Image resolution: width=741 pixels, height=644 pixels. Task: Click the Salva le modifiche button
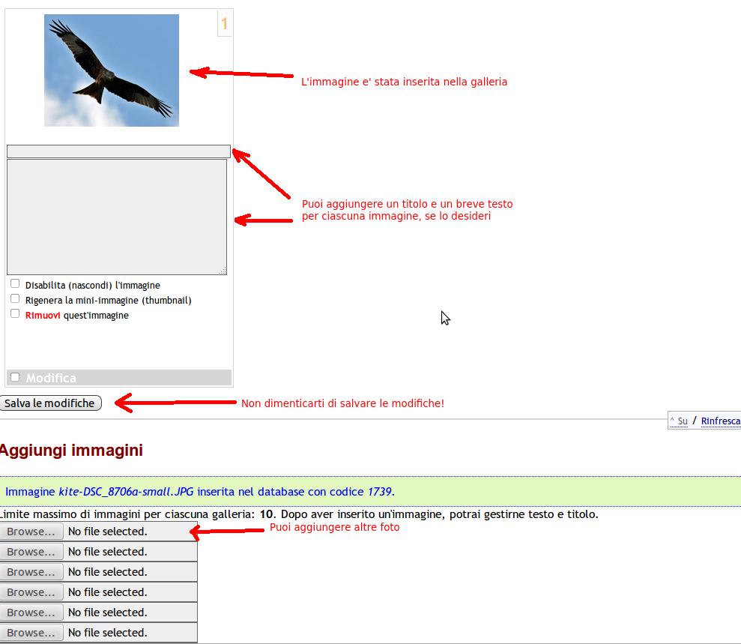pos(50,403)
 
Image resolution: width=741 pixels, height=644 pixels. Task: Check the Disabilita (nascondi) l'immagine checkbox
pos(15,283)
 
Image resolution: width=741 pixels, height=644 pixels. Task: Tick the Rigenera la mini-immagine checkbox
pos(15,299)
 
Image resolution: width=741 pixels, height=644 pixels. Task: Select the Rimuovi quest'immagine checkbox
pos(15,313)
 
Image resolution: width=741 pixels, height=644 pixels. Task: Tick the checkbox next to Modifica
pos(15,377)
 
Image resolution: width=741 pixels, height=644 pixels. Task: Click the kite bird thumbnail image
pos(112,70)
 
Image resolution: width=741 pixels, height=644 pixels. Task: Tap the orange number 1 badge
pos(225,23)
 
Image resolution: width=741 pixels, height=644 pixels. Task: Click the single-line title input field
pos(118,151)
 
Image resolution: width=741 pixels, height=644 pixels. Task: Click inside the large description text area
pos(117,217)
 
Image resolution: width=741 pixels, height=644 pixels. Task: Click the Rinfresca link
pos(721,421)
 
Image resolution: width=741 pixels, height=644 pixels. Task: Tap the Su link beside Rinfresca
pos(683,421)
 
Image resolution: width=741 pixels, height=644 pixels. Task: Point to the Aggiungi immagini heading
pos(71,450)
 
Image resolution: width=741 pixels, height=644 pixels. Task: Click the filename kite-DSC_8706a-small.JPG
pos(126,492)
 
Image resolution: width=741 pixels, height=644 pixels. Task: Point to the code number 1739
pos(379,492)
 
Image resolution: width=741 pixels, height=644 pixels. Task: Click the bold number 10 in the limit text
pos(267,514)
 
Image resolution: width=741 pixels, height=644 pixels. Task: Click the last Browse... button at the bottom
pos(31,633)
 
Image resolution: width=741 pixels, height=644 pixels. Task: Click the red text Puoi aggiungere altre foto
pos(335,527)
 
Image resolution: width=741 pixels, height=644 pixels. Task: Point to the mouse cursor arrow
pos(445,318)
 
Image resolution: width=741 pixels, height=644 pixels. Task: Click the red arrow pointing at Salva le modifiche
pos(176,403)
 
